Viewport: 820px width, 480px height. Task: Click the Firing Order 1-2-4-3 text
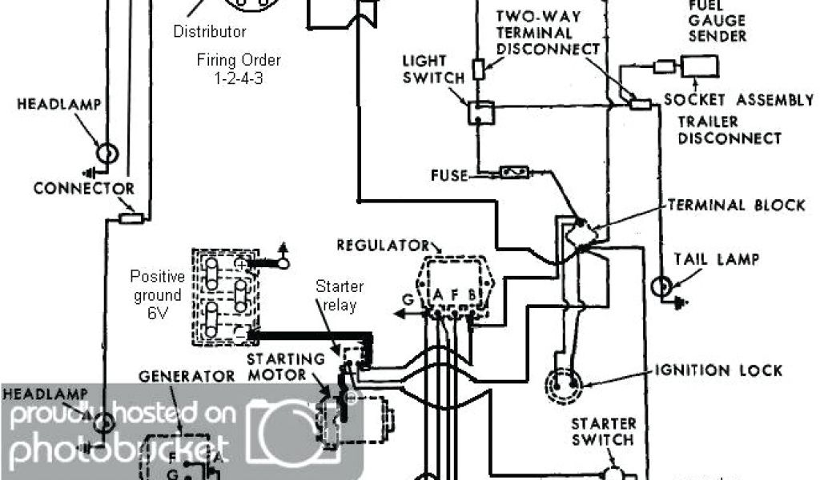pyautogui.click(x=239, y=69)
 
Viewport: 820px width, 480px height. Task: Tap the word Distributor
pyautogui.click(x=210, y=32)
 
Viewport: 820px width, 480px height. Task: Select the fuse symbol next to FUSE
pyautogui.click(x=512, y=171)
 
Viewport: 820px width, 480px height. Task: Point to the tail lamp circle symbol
pyautogui.click(x=663, y=287)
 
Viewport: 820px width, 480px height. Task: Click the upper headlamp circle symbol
pyautogui.click(x=107, y=153)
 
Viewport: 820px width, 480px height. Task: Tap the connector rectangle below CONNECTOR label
pyautogui.click(x=130, y=218)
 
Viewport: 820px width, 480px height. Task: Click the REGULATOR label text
pyautogui.click(x=383, y=244)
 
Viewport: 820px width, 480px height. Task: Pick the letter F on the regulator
pyautogui.click(x=454, y=295)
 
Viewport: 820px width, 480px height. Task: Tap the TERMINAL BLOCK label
pyautogui.click(x=736, y=205)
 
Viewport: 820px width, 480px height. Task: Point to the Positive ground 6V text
pyautogui.click(x=157, y=295)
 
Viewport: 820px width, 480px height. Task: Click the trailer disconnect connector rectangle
pyautogui.click(x=640, y=103)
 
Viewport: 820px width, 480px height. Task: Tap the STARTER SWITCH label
pyautogui.click(x=603, y=431)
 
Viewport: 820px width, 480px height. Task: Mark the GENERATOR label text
pyautogui.click(x=187, y=376)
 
